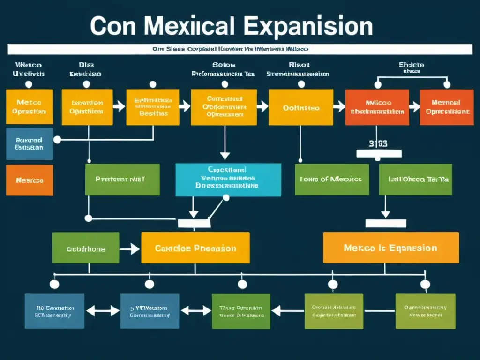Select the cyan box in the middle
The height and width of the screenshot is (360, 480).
[x=228, y=180]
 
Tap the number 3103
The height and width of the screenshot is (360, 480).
[x=378, y=144]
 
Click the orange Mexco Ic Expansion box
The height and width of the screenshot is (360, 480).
[x=390, y=247]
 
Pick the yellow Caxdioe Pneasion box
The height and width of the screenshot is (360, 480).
[x=195, y=248]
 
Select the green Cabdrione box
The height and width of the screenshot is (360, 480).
[x=86, y=248]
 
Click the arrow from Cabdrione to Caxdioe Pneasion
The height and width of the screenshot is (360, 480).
[x=130, y=248]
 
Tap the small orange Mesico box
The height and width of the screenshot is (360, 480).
[x=30, y=180]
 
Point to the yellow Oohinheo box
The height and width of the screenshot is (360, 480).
[x=300, y=107]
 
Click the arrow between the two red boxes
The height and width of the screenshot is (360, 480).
[x=414, y=107]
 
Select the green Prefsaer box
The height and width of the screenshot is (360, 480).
[x=122, y=179]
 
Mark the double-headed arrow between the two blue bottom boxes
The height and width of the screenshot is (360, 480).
[x=103, y=310]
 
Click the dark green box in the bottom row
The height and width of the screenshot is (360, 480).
[x=240, y=311]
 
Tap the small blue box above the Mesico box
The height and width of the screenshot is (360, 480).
[x=30, y=143]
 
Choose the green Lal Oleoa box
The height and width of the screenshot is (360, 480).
[x=415, y=179]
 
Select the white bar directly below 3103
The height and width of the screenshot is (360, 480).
[x=379, y=154]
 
